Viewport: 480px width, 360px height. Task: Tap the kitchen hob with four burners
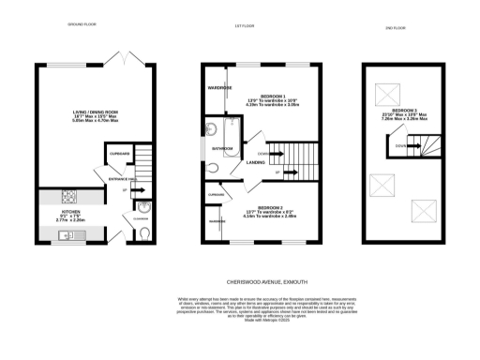click(x=68, y=198)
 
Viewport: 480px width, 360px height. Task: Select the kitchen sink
click(x=64, y=235)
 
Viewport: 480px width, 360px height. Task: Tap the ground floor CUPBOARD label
click(x=119, y=153)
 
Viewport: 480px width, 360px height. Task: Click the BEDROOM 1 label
click(x=273, y=97)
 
